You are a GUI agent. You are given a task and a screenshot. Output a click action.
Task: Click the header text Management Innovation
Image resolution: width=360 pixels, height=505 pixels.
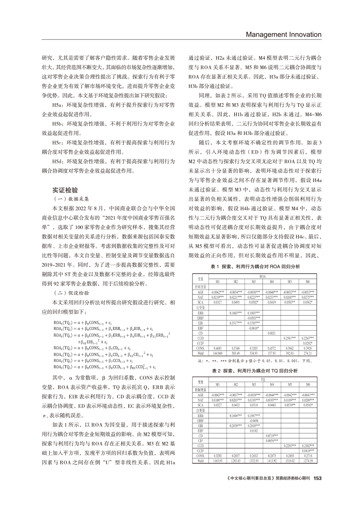point(284,34)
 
